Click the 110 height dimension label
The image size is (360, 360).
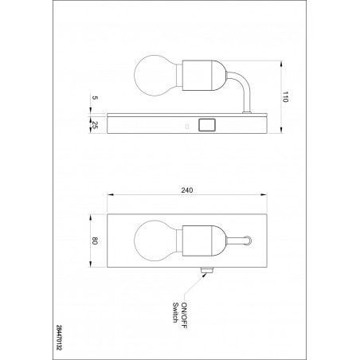(x=285, y=97)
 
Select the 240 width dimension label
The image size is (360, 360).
(x=187, y=190)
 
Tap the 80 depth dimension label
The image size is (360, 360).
(x=95, y=241)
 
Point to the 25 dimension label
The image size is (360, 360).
(x=95, y=125)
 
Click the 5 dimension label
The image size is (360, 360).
(x=95, y=98)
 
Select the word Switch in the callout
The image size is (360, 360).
(x=175, y=312)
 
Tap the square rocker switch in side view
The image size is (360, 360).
(x=207, y=125)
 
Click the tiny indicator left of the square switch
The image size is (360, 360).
(x=187, y=127)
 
